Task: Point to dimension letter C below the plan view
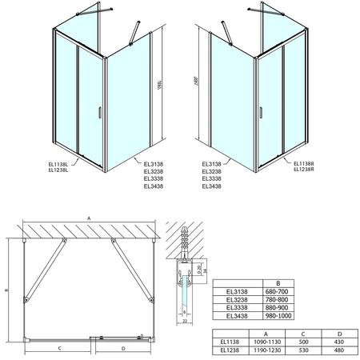click(61, 348)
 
